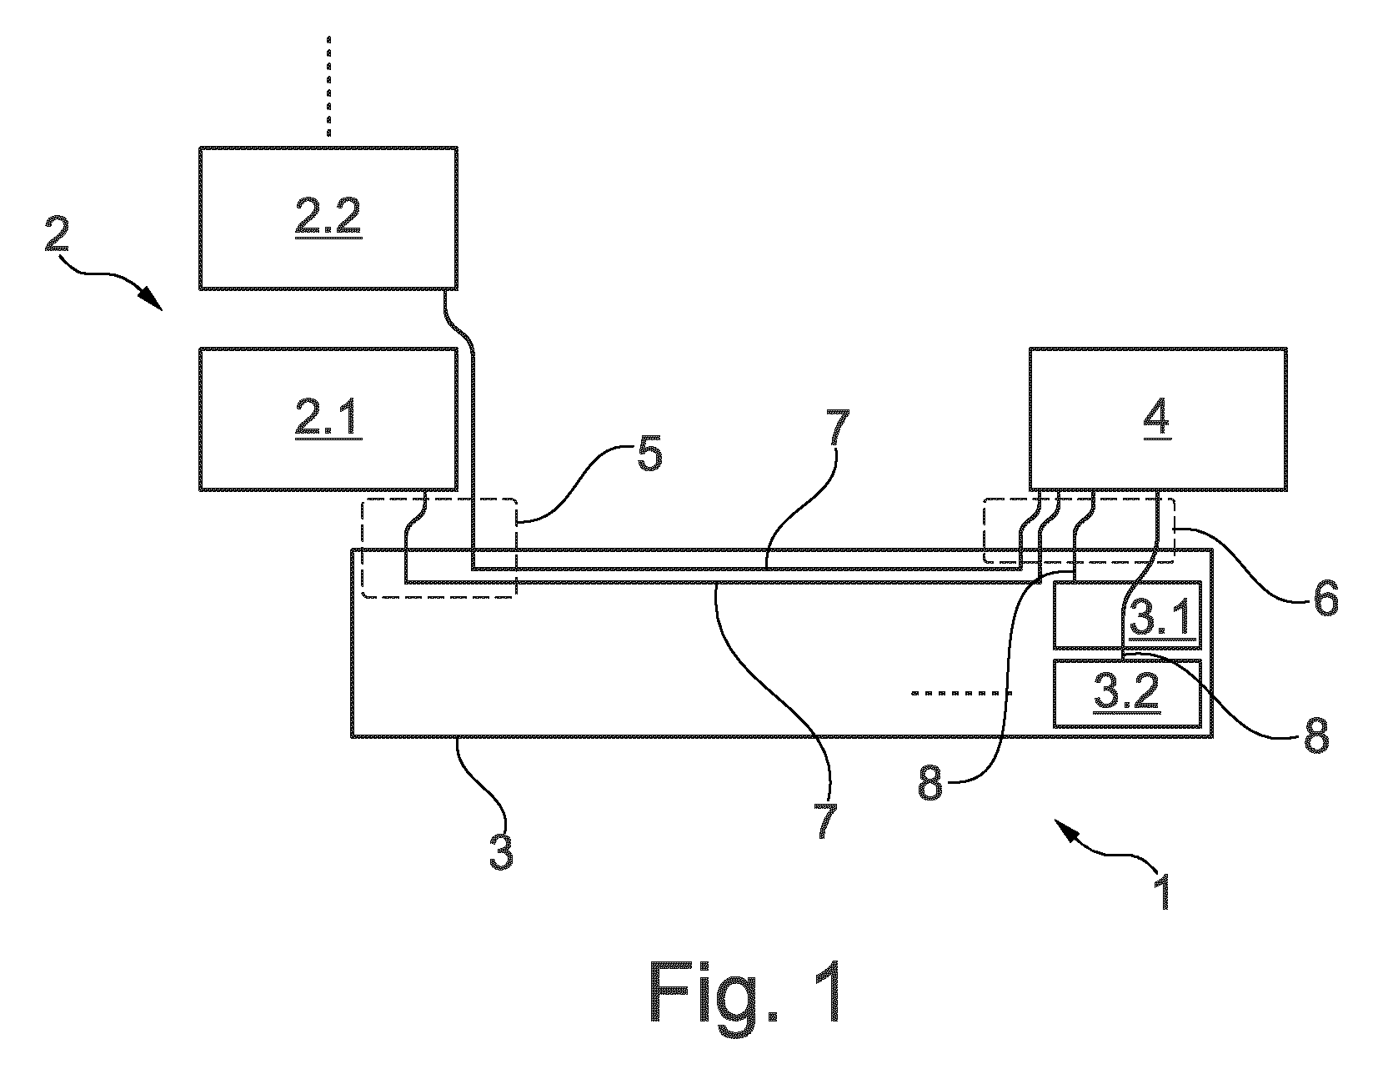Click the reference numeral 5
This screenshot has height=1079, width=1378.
(x=649, y=454)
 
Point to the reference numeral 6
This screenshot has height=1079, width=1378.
(x=1325, y=598)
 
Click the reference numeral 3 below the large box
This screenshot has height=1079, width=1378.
(x=501, y=851)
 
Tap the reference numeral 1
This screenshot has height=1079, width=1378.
(x=1162, y=892)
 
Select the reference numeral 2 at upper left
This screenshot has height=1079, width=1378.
(x=57, y=233)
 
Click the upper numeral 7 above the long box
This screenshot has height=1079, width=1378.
(x=837, y=428)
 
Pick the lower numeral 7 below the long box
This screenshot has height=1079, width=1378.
(x=825, y=821)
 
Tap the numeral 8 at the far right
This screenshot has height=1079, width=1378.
(x=1316, y=735)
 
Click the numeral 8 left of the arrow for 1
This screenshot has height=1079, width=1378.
(x=930, y=784)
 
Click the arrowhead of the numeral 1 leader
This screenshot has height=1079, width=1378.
(x=1066, y=829)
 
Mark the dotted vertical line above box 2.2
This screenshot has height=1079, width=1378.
(x=328, y=86)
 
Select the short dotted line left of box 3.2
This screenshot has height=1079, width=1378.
(x=961, y=693)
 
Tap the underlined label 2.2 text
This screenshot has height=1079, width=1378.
(x=328, y=217)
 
